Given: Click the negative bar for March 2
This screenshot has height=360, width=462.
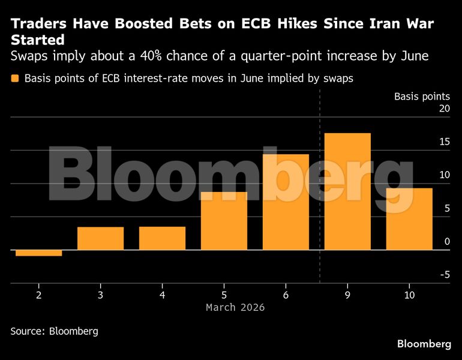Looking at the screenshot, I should click(38, 253).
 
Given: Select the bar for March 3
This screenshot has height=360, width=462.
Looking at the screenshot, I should click(100, 238).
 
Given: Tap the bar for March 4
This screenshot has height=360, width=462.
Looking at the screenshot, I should click(162, 238).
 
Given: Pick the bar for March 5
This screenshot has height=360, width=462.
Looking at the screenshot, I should click(224, 221).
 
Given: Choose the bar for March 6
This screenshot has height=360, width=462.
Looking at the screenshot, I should click(286, 202).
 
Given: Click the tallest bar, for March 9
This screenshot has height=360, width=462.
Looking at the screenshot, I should click(347, 191).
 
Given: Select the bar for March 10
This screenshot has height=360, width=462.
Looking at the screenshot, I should click(409, 219).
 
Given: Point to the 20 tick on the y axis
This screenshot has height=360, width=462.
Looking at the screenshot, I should click(443, 109).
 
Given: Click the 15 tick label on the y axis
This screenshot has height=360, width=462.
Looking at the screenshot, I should click(443, 142).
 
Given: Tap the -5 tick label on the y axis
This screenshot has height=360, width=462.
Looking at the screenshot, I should click(443, 275).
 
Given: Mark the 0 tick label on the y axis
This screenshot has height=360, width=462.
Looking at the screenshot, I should click(446, 242).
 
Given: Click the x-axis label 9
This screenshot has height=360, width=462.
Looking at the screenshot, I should click(347, 295).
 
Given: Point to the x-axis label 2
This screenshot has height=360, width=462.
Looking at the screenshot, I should click(38, 295).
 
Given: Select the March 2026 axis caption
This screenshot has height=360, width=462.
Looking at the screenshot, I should click(235, 307).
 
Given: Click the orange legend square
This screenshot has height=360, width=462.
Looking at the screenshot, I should click(14, 79).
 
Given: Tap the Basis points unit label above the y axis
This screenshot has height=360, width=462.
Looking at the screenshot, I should click(421, 96).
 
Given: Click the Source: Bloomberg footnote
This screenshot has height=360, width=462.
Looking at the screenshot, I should click(54, 331).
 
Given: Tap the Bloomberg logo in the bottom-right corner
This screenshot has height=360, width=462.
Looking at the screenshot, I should click(424, 344).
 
